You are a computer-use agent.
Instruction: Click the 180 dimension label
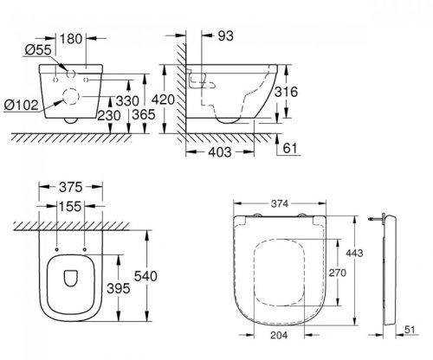(x=71, y=39)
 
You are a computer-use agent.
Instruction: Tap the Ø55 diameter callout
(x=38, y=49)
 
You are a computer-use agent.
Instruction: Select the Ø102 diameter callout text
(x=22, y=105)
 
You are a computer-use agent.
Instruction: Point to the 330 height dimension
(x=127, y=101)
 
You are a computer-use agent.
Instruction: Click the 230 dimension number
(x=109, y=116)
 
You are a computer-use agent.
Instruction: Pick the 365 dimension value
(x=144, y=114)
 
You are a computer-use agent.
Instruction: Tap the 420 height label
(x=163, y=100)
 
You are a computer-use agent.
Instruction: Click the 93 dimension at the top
(x=225, y=36)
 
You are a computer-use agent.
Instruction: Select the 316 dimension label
(x=286, y=92)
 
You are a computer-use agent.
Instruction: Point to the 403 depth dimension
(x=220, y=152)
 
